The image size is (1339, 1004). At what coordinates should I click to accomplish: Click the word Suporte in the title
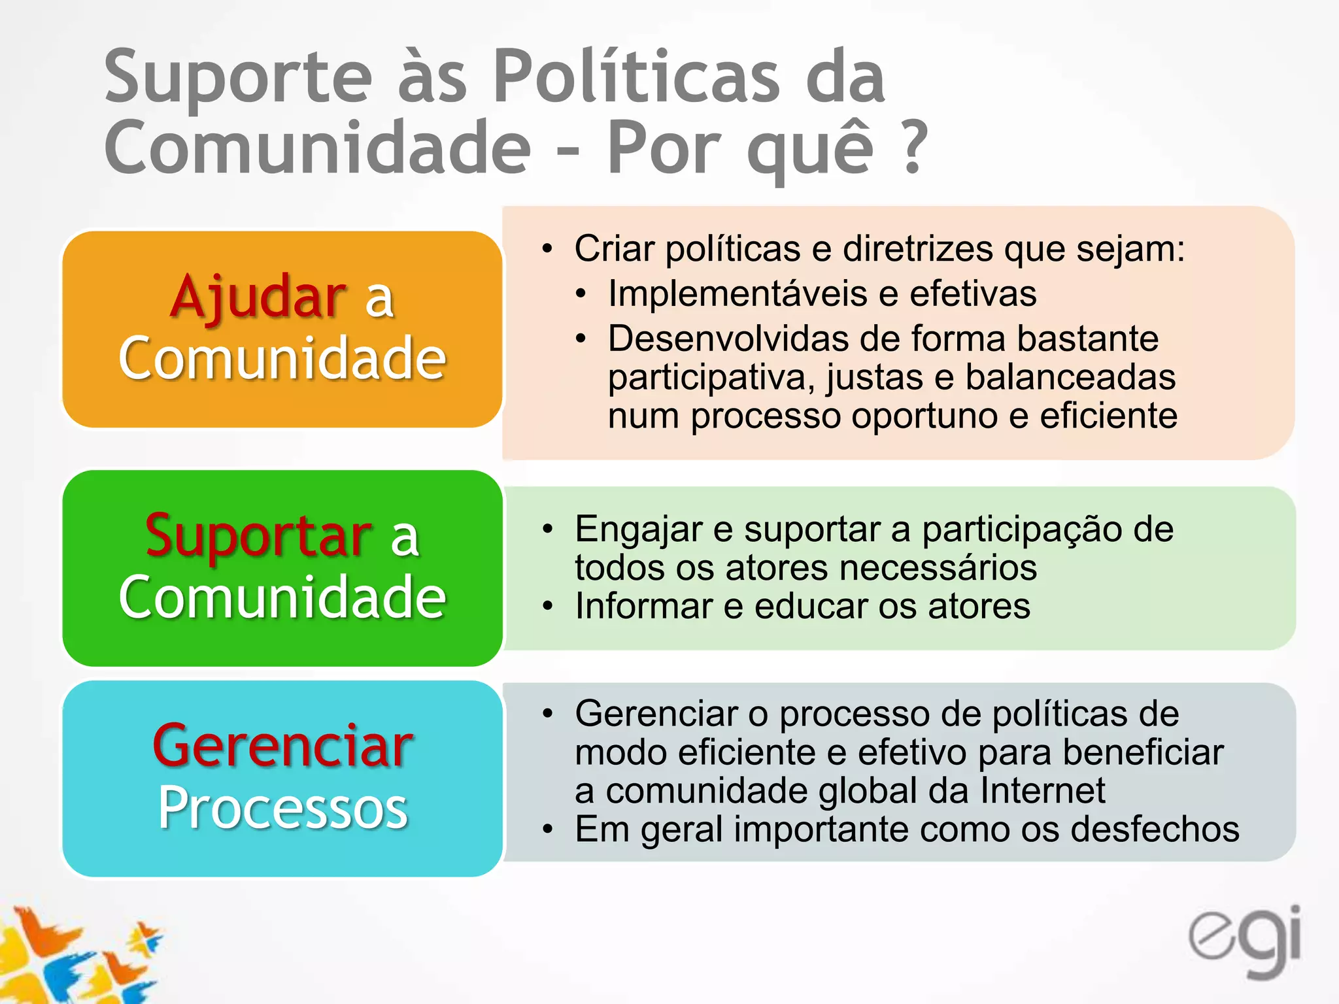[x=238, y=77]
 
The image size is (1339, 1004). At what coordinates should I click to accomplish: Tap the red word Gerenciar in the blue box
[x=282, y=746]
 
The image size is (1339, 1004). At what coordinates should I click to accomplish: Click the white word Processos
[x=282, y=808]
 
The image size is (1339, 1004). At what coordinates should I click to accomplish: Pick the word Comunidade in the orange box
[x=282, y=358]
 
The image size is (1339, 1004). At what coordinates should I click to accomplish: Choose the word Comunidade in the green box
[x=282, y=596]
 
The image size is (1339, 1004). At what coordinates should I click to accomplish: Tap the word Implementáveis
[x=737, y=293]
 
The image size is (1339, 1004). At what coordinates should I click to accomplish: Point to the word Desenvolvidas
[x=728, y=339]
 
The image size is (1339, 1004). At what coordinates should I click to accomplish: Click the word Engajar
[x=638, y=529]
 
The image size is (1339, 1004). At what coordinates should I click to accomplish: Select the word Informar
[x=643, y=606]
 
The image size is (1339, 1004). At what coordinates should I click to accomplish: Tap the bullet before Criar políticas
[x=547, y=249]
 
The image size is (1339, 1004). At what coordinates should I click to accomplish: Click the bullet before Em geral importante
[x=547, y=830]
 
